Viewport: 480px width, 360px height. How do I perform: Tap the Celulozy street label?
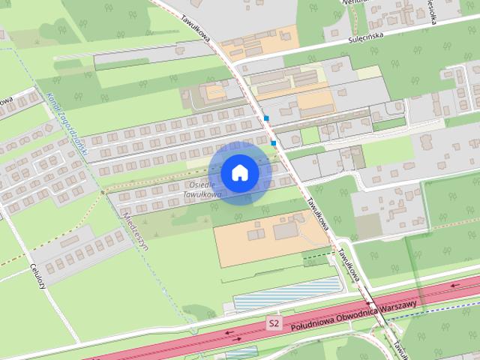pos(39,275)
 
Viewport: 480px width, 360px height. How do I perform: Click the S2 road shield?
pos(275,324)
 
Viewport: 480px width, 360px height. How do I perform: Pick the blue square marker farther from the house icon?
pos(266,118)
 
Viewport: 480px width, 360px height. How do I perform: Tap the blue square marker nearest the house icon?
pos(274,142)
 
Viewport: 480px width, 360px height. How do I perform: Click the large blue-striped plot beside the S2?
pos(287,295)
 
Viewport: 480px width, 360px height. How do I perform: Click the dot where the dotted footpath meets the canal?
pos(104,193)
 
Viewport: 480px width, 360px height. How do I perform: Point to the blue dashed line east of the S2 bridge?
pos(435,310)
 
